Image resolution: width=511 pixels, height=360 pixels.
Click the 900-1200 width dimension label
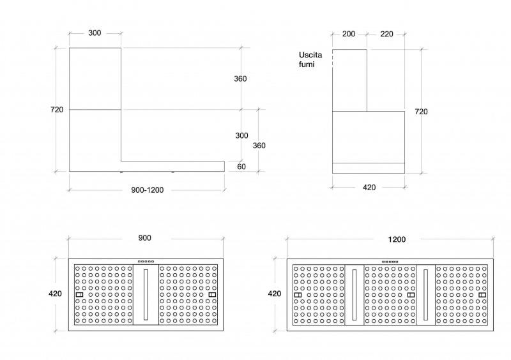(148, 190)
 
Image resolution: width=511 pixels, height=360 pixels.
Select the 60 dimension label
(241, 167)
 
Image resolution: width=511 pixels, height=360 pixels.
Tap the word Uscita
(310, 55)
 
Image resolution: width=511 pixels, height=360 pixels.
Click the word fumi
(307, 64)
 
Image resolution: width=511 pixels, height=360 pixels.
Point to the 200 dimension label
(349, 34)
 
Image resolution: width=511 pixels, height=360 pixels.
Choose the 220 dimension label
(387, 34)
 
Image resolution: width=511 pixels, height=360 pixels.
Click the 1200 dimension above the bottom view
(397, 239)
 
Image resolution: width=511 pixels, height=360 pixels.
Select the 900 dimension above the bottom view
(145, 238)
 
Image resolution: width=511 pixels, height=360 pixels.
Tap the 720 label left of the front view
(57, 110)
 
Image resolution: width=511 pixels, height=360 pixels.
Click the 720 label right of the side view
(421, 112)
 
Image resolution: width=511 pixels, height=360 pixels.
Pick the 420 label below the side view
(369, 187)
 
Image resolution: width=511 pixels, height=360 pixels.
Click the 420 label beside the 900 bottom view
(55, 294)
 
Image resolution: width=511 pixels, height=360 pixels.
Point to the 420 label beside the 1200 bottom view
(275, 294)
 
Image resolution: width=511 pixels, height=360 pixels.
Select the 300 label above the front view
(95, 33)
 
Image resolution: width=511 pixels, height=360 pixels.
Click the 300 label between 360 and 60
(241, 135)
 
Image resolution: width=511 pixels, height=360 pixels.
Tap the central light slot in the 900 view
(146, 294)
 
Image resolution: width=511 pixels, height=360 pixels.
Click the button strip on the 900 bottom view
(146, 261)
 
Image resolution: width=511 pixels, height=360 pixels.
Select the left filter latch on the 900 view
(79, 294)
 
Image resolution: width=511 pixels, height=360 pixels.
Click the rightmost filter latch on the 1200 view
(482, 295)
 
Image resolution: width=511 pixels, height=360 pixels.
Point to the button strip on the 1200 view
(390, 262)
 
